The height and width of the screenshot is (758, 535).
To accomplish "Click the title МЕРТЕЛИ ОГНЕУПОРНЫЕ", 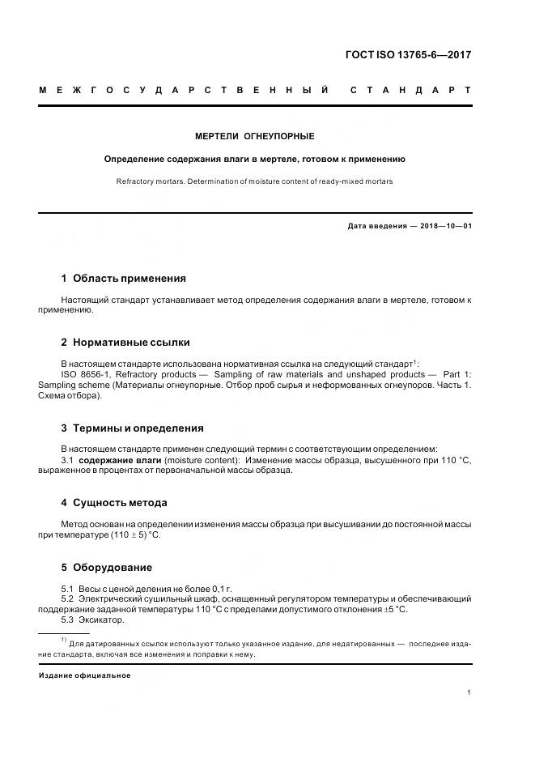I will pyautogui.click(x=255, y=136).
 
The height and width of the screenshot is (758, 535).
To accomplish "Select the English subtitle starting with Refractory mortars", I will pyautogui.click(x=255, y=181).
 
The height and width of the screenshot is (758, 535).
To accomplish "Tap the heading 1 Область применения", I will pyautogui.click(x=124, y=278).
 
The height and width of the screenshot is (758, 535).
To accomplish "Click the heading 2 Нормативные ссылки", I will pyautogui.click(x=125, y=342).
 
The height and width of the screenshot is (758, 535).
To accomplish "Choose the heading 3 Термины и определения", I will pyautogui.click(x=133, y=428).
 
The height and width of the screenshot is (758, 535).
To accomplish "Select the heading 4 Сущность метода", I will pyautogui.click(x=114, y=502).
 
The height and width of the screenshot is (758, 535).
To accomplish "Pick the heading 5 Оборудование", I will pyautogui.click(x=107, y=567).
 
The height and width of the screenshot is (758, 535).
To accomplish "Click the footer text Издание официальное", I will pyautogui.click(x=85, y=675).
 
